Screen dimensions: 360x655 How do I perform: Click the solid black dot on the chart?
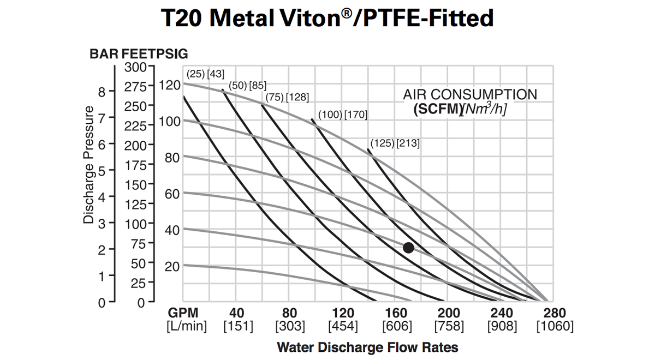coord(408,248)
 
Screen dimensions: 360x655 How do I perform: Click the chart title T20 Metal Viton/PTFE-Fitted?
coord(327,19)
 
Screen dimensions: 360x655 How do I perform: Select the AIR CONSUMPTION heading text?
coord(470,94)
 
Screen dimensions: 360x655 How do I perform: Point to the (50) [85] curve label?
coord(247,85)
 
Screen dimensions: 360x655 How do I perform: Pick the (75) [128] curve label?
coord(287,97)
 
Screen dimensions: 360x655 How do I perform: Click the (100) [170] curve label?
coord(343,115)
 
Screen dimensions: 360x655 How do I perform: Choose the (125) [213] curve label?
coord(395,143)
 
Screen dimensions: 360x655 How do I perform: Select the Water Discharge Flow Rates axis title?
coord(367,347)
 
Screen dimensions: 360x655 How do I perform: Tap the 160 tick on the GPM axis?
coord(396,314)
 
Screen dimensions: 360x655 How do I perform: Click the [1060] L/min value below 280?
coord(555,326)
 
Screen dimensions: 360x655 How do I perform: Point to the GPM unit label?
coord(182,314)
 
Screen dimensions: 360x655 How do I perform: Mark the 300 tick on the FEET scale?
coord(135,67)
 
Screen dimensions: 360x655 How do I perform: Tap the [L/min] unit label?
coord(182,326)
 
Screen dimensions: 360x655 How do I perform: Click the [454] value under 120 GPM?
coord(343,326)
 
